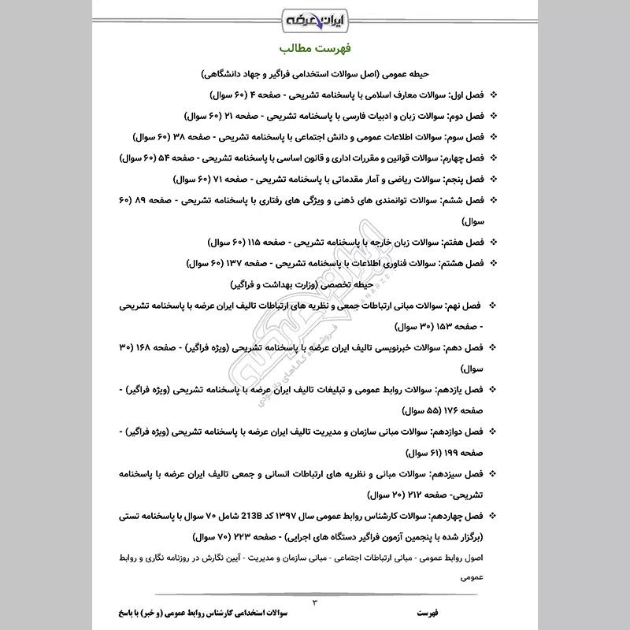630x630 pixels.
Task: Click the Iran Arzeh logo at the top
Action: point(314,18)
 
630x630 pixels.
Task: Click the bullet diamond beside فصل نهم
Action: point(494,304)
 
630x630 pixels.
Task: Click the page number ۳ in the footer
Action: point(315,603)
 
